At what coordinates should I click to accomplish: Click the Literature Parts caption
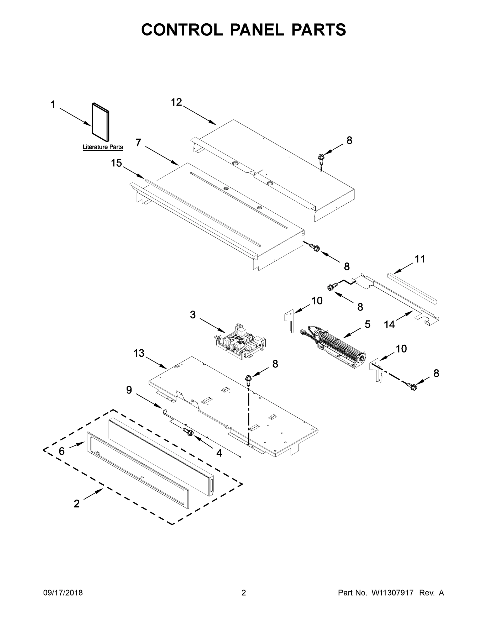pyautogui.click(x=103, y=147)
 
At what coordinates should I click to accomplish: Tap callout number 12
pyautogui.click(x=177, y=102)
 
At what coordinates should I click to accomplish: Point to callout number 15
pyautogui.click(x=117, y=163)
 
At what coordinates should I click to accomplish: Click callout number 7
pyautogui.click(x=138, y=143)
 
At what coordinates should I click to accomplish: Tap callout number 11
pyautogui.click(x=420, y=259)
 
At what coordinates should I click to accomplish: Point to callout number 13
pyautogui.click(x=139, y=353)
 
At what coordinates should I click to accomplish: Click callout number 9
pyautogui.click(x=129, y=390)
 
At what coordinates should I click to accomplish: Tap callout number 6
pyautogui.click(x=62, y=451)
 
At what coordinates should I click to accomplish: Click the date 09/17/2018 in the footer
pyautogui.click(x=63, y=593)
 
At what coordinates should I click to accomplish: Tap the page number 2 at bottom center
pyautogui.click(x=244, y=593)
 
